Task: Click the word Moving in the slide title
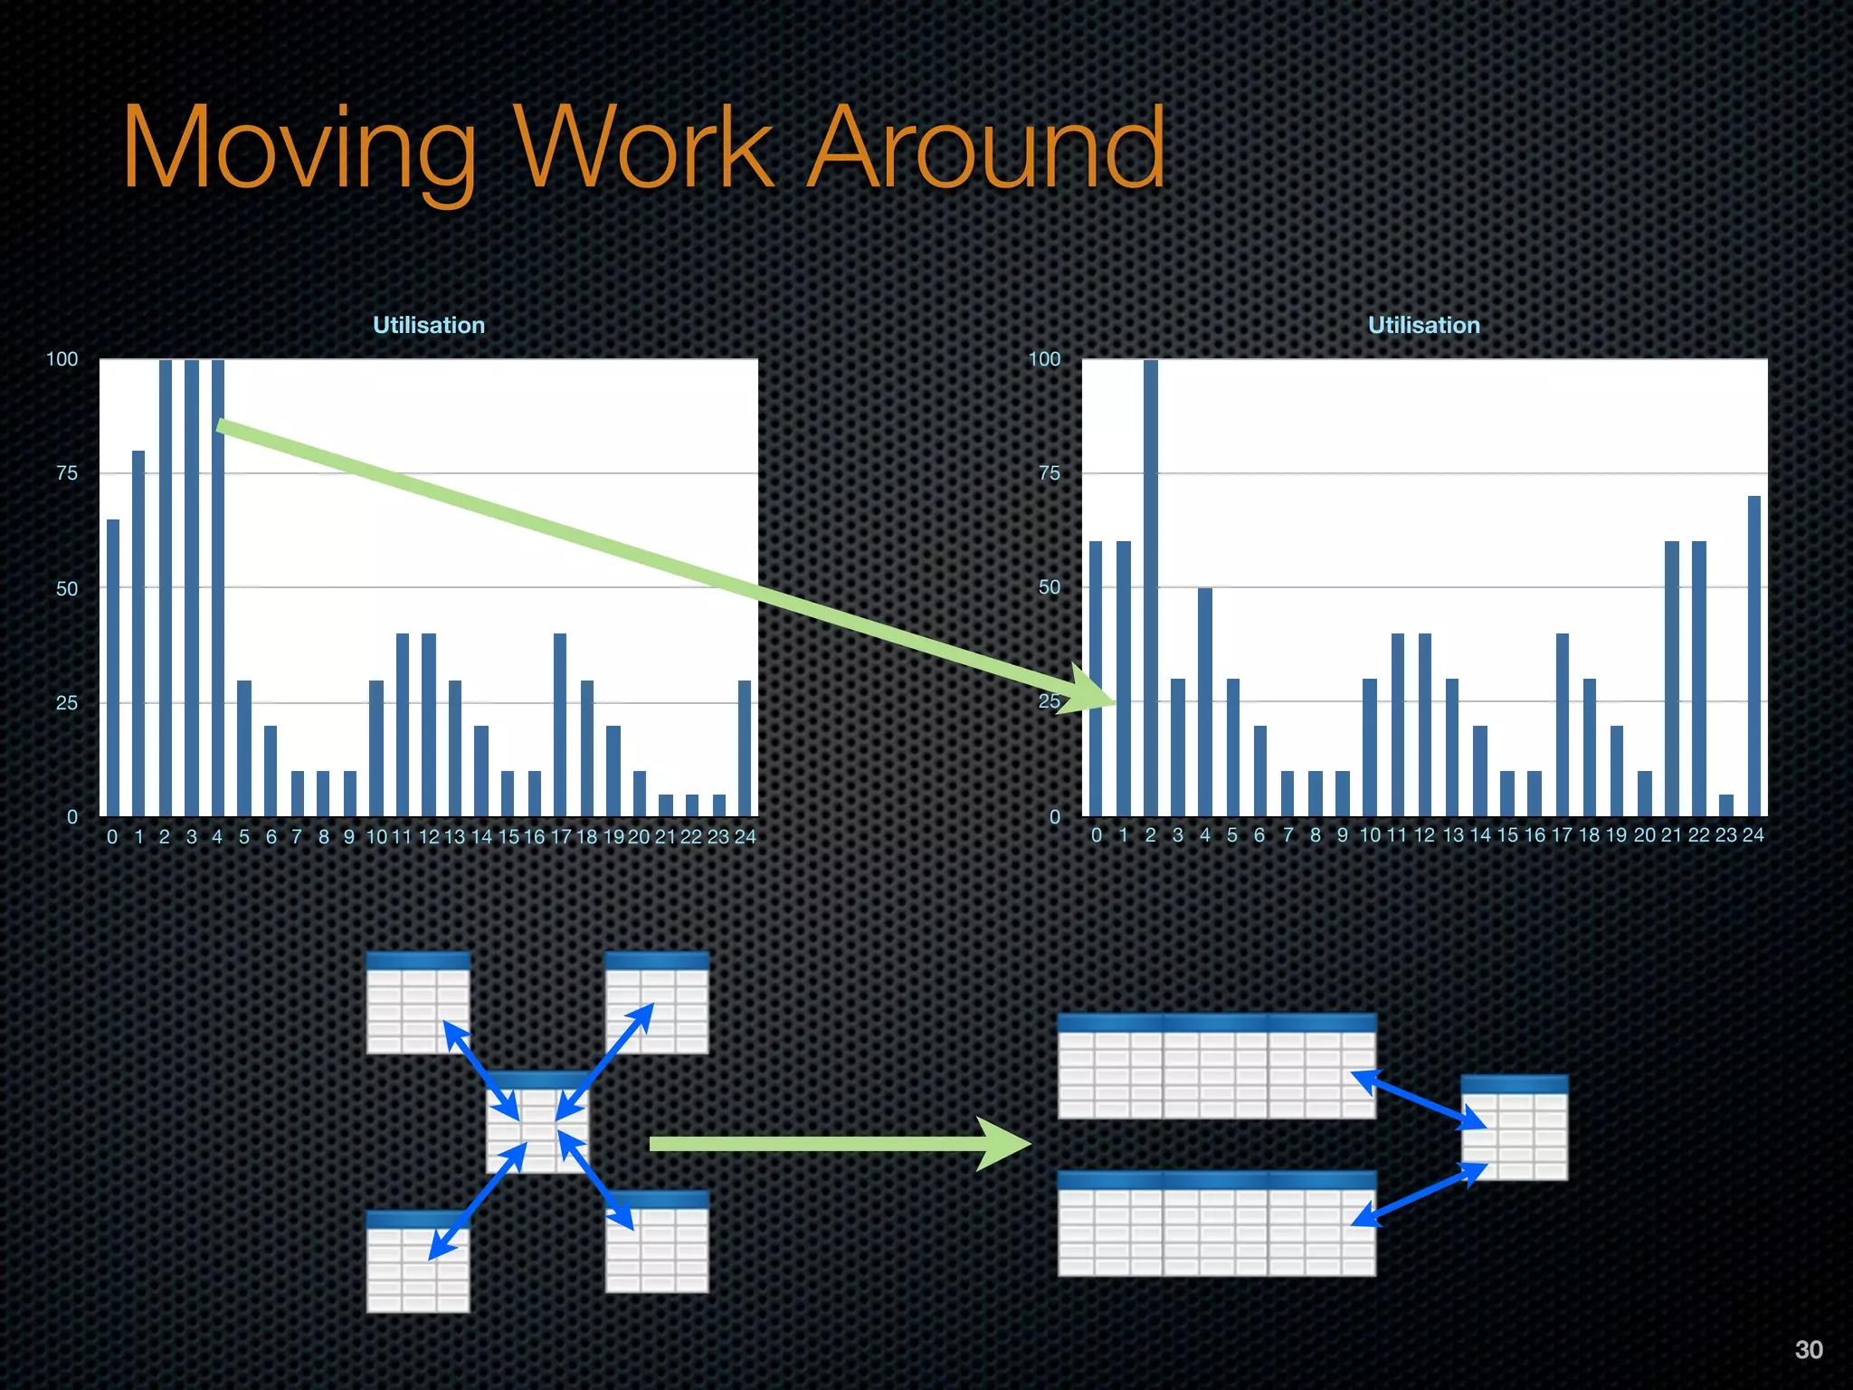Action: click(x=299, y=149)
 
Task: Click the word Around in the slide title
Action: click(x=986, y=149)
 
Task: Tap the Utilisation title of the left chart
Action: click(x=429, y=325)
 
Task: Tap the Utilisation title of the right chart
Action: click(x=1423, y=325)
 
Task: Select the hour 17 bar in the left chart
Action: click(x=560, y=724)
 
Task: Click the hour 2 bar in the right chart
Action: click(x=1150, y=588)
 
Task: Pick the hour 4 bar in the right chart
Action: click(x=1204, y=702)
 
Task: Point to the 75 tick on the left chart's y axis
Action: click(x=67, y=473)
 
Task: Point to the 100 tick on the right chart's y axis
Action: click(x=1044, y=359)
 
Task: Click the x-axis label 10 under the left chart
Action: click(x=376, y=837)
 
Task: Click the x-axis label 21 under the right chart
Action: click(x=1671, y=835)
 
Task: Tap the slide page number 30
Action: click(x=1809, y=1349)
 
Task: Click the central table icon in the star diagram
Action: click(x=537, y=1122)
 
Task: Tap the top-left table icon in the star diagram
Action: click(x=418, y=1003)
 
